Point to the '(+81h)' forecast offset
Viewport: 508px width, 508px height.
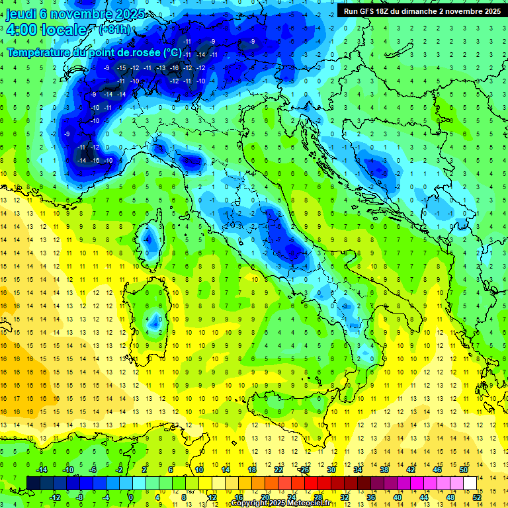(114, 30)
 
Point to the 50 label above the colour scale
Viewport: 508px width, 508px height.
(463, 469)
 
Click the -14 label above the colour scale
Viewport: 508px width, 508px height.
(41, 469)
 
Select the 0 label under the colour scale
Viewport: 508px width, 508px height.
(131, 497)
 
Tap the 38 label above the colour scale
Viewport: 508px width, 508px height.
(384, 469)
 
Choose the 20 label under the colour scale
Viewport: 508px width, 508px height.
(265, 497)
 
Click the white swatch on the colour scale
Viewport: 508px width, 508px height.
(470, 483)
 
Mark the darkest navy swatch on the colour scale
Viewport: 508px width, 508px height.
(33, 483)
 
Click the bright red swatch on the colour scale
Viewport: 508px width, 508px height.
(311, 483)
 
